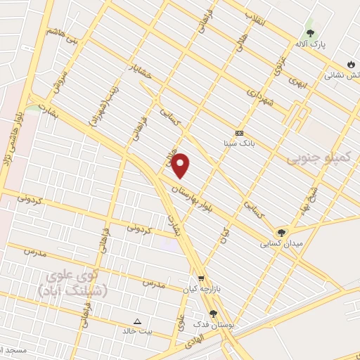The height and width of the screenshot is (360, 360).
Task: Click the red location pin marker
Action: [x=181, y=165]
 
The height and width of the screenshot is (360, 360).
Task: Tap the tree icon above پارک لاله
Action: [x=310, y=32]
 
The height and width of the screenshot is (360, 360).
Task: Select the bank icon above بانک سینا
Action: [x=239, y=133]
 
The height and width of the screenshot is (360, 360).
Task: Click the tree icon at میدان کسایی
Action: [x=281, y=233]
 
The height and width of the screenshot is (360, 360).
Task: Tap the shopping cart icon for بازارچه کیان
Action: [x=201, y=278]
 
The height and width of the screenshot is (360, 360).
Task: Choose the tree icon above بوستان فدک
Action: [x=213, y=314]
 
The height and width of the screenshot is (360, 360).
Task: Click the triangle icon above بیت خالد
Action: [x=137, y=321]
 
